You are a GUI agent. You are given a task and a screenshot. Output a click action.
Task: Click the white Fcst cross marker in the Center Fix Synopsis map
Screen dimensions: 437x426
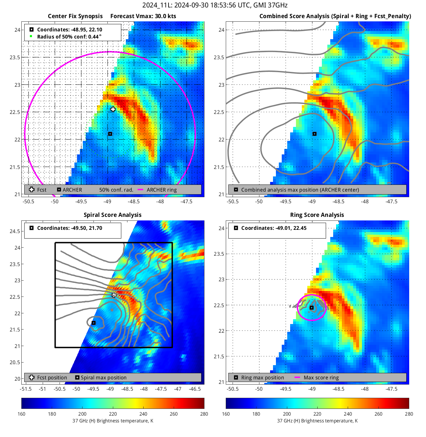pyautogui.click(x=113, y=109)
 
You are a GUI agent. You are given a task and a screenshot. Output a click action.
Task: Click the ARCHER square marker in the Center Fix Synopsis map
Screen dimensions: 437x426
pyautogui.click(x=110, y=134)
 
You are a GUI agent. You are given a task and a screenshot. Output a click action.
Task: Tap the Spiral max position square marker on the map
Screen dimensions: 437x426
pyautogui.click(x=93, y=323)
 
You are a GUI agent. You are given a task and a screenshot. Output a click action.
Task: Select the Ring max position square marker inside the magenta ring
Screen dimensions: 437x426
pyautogui.click(x=311, y=308)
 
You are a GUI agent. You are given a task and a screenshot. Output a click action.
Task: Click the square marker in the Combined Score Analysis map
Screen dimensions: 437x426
pyautogui.click(x=314, y=134)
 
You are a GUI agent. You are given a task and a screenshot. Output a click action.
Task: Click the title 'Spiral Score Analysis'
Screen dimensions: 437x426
pyautogui.click(x=113, y=215)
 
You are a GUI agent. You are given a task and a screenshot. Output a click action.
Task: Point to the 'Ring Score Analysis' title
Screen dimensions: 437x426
pyautogui.click(x=317, y=215)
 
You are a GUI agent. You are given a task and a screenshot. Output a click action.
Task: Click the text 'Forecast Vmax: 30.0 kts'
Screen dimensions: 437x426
pyautogui.click(x=143, y=16)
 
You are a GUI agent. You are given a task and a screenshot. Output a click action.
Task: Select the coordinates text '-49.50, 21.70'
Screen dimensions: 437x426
pyautogui.click(x=86, y=228)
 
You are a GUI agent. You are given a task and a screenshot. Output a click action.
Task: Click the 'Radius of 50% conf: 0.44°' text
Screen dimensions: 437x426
pyautogui.click(x=69, y=37)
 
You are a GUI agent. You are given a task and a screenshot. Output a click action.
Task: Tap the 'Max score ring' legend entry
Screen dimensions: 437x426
pyautogui.click(x=321, y=378)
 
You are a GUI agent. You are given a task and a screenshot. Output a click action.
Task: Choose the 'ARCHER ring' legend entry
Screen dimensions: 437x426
pyautogui.click(x=162, y=190)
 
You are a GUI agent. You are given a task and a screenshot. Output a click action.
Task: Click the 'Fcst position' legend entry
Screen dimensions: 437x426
pyautogui.click(x=52, y=378)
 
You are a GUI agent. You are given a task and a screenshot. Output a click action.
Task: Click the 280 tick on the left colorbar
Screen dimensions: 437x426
pyautogui.click(x=204, y=414)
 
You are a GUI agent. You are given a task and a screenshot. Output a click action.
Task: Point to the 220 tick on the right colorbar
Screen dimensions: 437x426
pyautogui.click(x=317, y=414)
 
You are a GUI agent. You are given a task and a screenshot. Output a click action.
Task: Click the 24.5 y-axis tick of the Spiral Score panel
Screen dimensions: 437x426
pyautogui.click(x=15, y=231)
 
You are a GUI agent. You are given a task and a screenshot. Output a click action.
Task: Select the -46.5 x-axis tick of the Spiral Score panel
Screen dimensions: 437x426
pyautogui.click(x=195, y=389)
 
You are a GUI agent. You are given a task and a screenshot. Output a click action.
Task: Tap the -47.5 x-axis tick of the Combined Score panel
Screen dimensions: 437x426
pyautogui.click(x=391, y=202)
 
